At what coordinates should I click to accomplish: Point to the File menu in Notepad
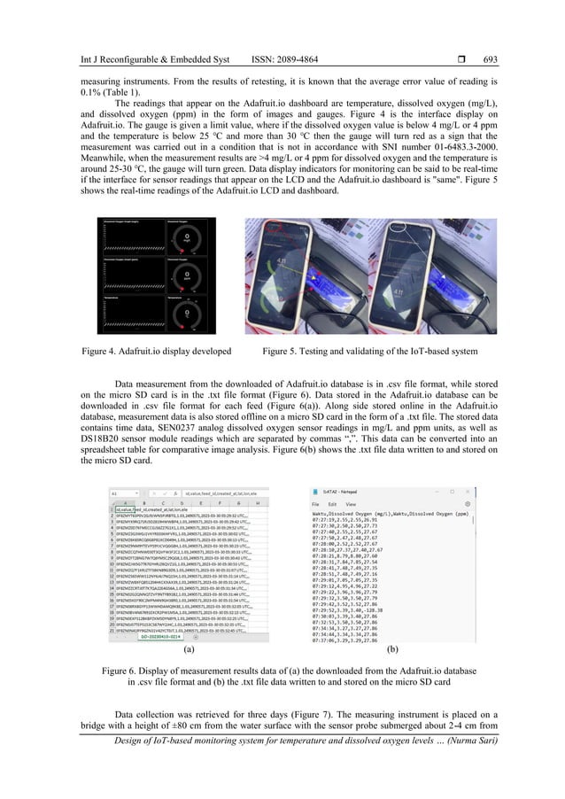point(314,498)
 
